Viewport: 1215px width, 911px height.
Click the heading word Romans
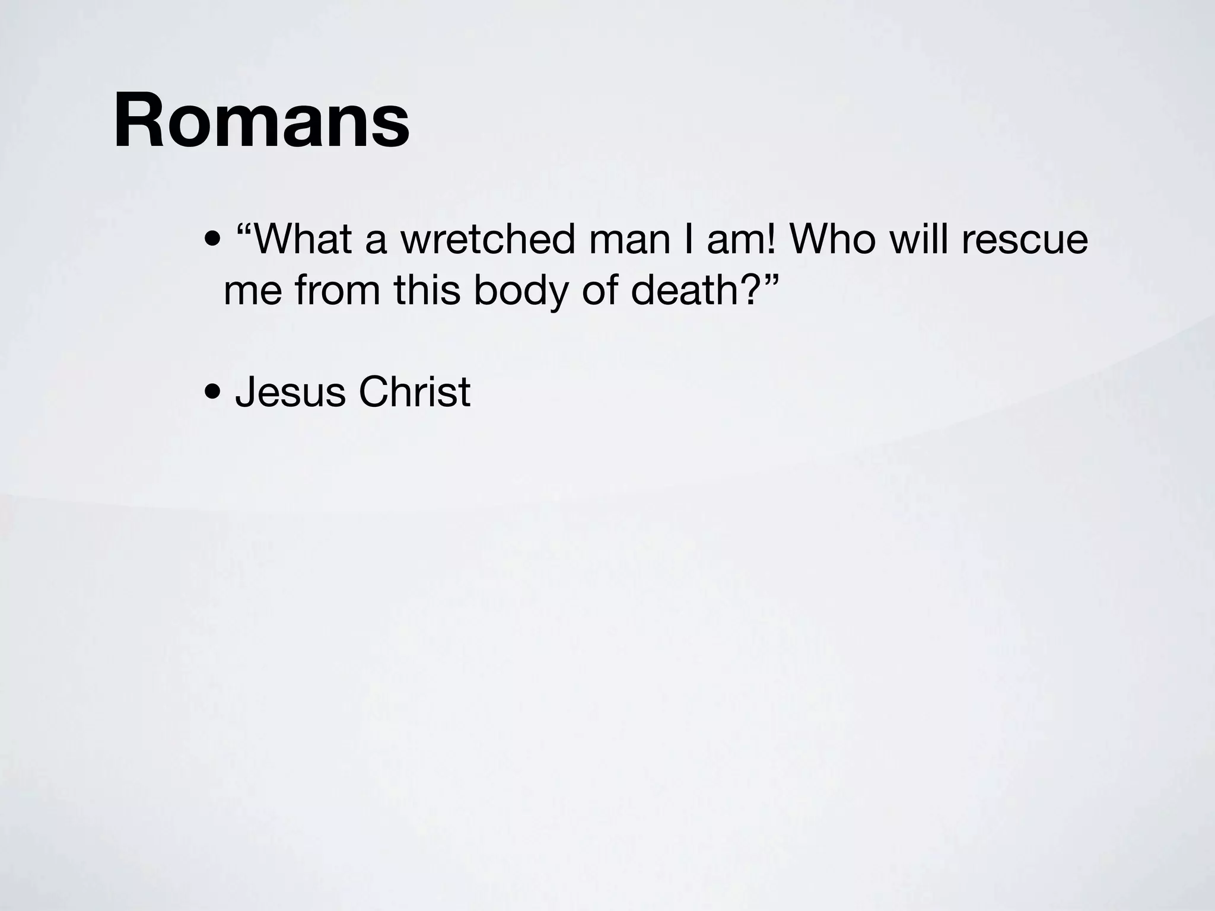pos(261,120)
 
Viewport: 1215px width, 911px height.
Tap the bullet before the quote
pos(212,241)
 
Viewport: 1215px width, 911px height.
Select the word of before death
pos(600,291)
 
